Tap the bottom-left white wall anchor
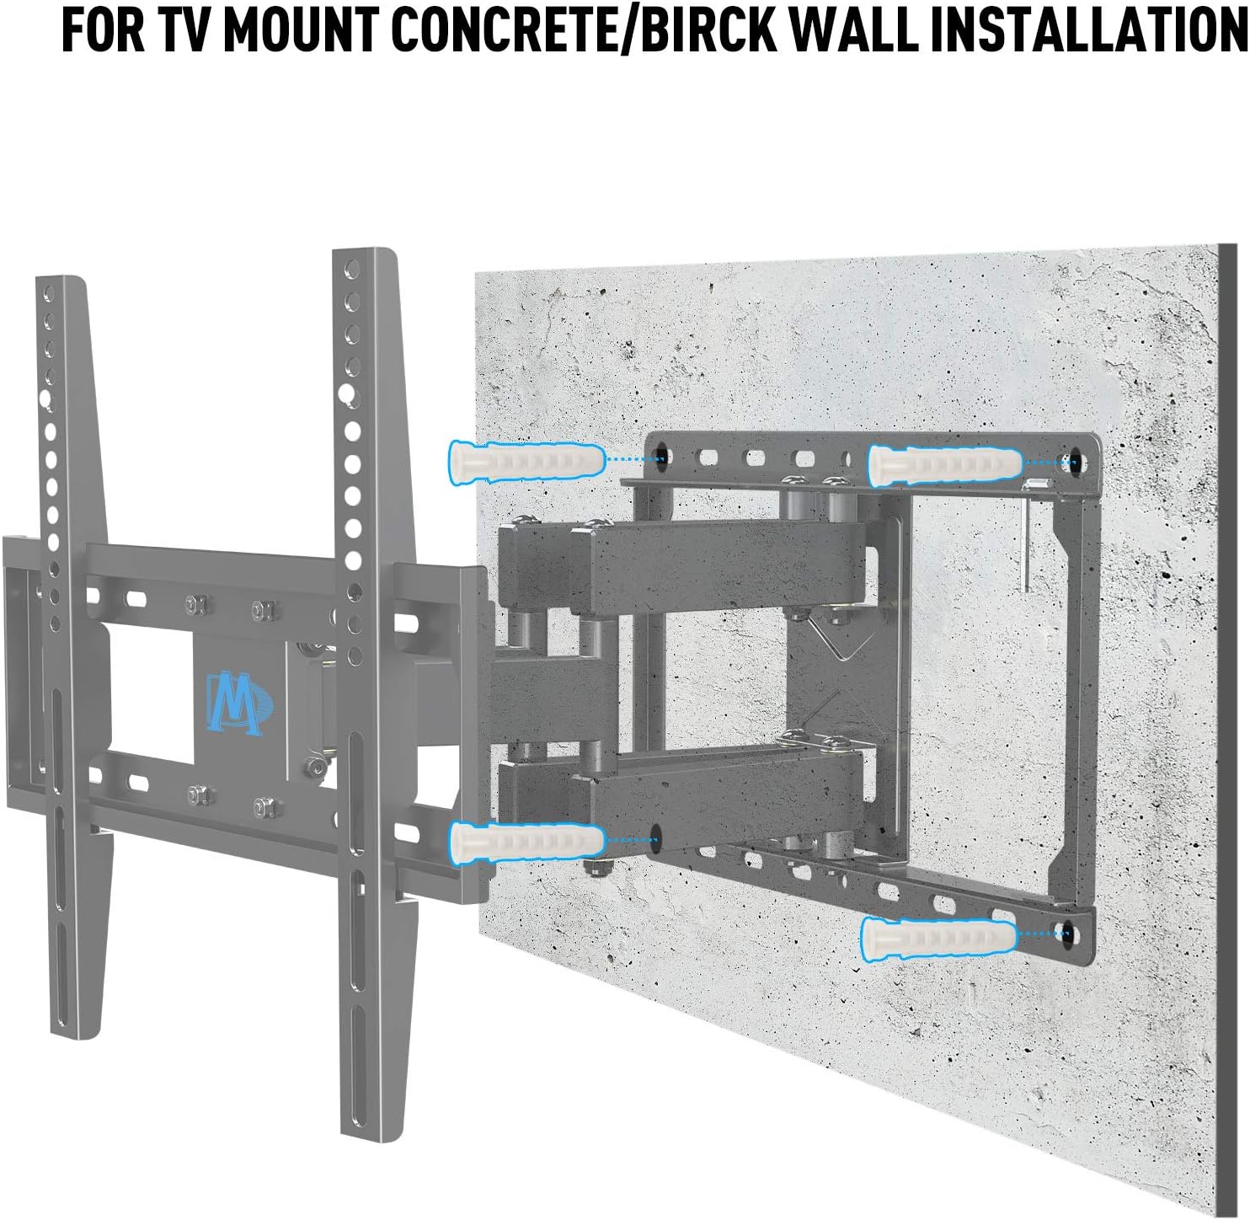click(x=526, y=840)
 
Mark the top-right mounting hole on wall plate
click(x=1073, y=462)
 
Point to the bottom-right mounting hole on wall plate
click(x=1068, y=933)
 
